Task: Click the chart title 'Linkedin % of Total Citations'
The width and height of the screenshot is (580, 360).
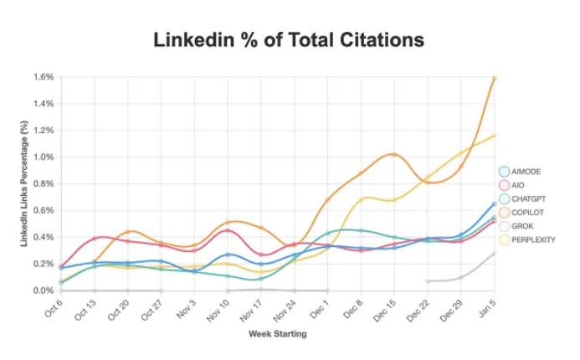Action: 289,39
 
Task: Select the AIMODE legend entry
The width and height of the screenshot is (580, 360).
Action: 525,172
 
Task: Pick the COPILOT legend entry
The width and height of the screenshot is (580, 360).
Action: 527,213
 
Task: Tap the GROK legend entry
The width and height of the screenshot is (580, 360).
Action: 521,226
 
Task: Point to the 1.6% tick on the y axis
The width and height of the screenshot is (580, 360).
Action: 44,77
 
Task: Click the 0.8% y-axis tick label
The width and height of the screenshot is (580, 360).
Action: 44,183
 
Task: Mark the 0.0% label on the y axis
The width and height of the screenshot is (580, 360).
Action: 44,291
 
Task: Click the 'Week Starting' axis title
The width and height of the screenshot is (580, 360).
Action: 277,334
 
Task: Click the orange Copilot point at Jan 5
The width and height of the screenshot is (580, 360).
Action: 495,78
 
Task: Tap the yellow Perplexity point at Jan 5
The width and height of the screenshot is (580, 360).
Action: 495,136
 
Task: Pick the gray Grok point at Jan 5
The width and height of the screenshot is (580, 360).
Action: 495,253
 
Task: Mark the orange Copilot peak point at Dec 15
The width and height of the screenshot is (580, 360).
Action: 394,154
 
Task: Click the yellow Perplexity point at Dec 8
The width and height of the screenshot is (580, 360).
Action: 361,199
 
